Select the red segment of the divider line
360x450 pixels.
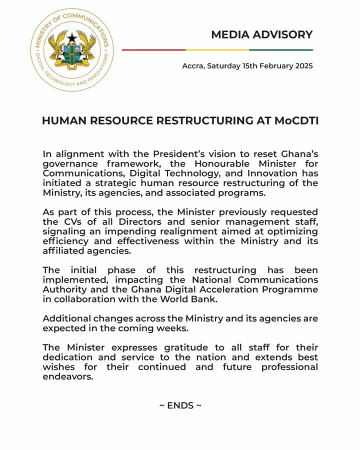153,50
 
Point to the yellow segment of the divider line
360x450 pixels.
217,50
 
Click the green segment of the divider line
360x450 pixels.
281,50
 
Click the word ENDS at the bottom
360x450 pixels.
180,405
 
